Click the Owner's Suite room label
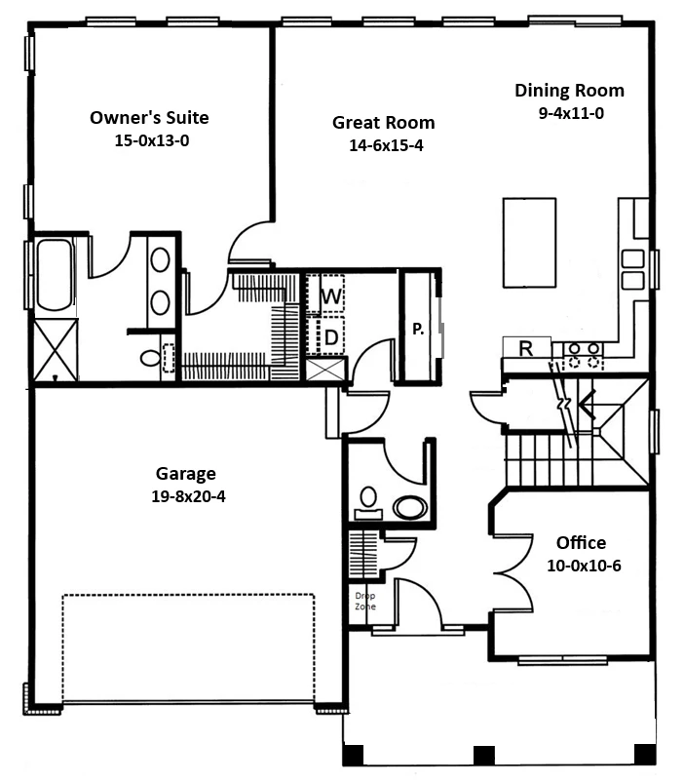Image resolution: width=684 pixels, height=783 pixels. [x=149, y=118]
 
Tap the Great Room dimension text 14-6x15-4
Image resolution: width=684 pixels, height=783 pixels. [x=386, y=145]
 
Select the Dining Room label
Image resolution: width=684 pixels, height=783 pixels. [x=569, y=91]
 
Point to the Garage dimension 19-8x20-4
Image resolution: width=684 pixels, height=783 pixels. [x=189, y=496]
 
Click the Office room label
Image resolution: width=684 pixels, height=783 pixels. [x=582, y=543]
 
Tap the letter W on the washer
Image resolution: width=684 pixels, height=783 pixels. [x=331, y=296]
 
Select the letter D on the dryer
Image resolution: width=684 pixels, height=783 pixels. [x=331, y=337]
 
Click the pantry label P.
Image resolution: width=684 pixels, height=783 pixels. [x=418, y=329]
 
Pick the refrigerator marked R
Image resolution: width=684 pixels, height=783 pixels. [x=526, y=347]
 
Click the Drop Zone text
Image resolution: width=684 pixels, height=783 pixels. [x=365, y=602]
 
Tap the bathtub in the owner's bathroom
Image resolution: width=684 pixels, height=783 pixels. [x=55, y=275]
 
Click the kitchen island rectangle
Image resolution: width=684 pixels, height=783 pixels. [x=529, y=243]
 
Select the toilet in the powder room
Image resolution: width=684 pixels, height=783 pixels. [x=368, y=503]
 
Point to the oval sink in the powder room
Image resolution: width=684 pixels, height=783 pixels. [x=410, y=507]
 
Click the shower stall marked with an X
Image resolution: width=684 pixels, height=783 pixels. [x=56, y=349]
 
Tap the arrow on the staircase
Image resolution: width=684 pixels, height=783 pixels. [x=588, y=404]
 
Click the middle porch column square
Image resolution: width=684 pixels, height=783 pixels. [x=483, y=755]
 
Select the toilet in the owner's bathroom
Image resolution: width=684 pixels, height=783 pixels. [x=151, y=358]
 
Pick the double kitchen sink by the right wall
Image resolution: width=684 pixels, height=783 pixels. [x=633, y=270]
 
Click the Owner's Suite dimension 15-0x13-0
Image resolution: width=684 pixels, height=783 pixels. [x=152, y=140]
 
